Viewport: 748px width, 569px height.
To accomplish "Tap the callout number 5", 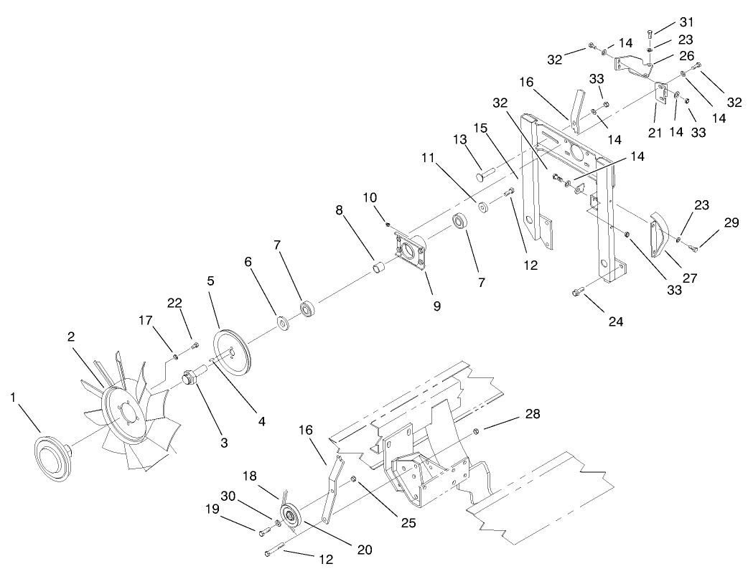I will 211,282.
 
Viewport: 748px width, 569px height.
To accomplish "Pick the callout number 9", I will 436,306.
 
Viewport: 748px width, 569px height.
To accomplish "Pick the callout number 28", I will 533,414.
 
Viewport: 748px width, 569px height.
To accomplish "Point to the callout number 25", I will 408,523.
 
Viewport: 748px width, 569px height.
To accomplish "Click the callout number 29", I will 731,224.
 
